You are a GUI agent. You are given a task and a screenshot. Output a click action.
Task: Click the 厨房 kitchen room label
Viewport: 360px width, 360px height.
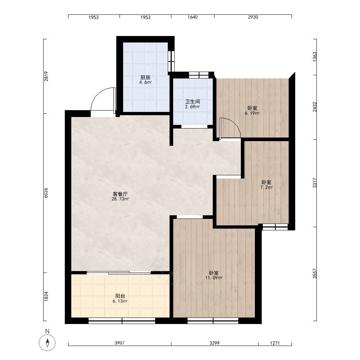(x=145, y=78)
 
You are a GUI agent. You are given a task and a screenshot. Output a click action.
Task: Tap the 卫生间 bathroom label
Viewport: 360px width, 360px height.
(x=192, y=102)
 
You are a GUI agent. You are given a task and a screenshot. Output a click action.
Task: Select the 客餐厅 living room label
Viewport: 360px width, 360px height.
(x=120, y=194)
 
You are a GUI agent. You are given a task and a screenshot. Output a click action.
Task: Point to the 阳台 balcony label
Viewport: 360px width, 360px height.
(x=120, y=296)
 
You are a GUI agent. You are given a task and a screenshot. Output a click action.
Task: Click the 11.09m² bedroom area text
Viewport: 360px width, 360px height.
(x=214, y=278)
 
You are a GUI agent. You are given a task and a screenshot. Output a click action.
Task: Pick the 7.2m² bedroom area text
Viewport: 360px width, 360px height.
(x=266, y=187)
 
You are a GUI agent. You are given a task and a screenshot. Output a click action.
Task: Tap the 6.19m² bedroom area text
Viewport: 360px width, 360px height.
(x=252, y=113)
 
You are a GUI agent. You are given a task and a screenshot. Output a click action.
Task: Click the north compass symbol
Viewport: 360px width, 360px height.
(x=47, y=343)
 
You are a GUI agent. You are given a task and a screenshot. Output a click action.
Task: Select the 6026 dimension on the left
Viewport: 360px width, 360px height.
(x=46, y=193)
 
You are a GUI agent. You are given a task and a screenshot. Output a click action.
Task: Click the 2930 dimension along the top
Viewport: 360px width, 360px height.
(x=253, y=17)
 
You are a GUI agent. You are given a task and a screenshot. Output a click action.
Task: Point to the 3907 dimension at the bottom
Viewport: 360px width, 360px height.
(x=120, y=343)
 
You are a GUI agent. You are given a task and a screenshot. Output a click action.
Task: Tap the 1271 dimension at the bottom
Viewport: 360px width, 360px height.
(x=275, y=343)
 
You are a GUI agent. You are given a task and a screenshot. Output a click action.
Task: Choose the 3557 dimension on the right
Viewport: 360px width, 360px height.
(x=315, y=274)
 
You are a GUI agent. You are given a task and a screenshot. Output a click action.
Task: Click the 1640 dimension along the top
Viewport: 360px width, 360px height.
(x=192, y=17)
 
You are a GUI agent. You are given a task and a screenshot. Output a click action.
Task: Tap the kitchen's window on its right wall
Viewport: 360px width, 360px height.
(x=171, y=61)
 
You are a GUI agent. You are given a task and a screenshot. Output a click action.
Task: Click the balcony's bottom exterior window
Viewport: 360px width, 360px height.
(x=122, y=321)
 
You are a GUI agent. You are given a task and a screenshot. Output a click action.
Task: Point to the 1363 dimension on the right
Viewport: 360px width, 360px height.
(x=315, y=57)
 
